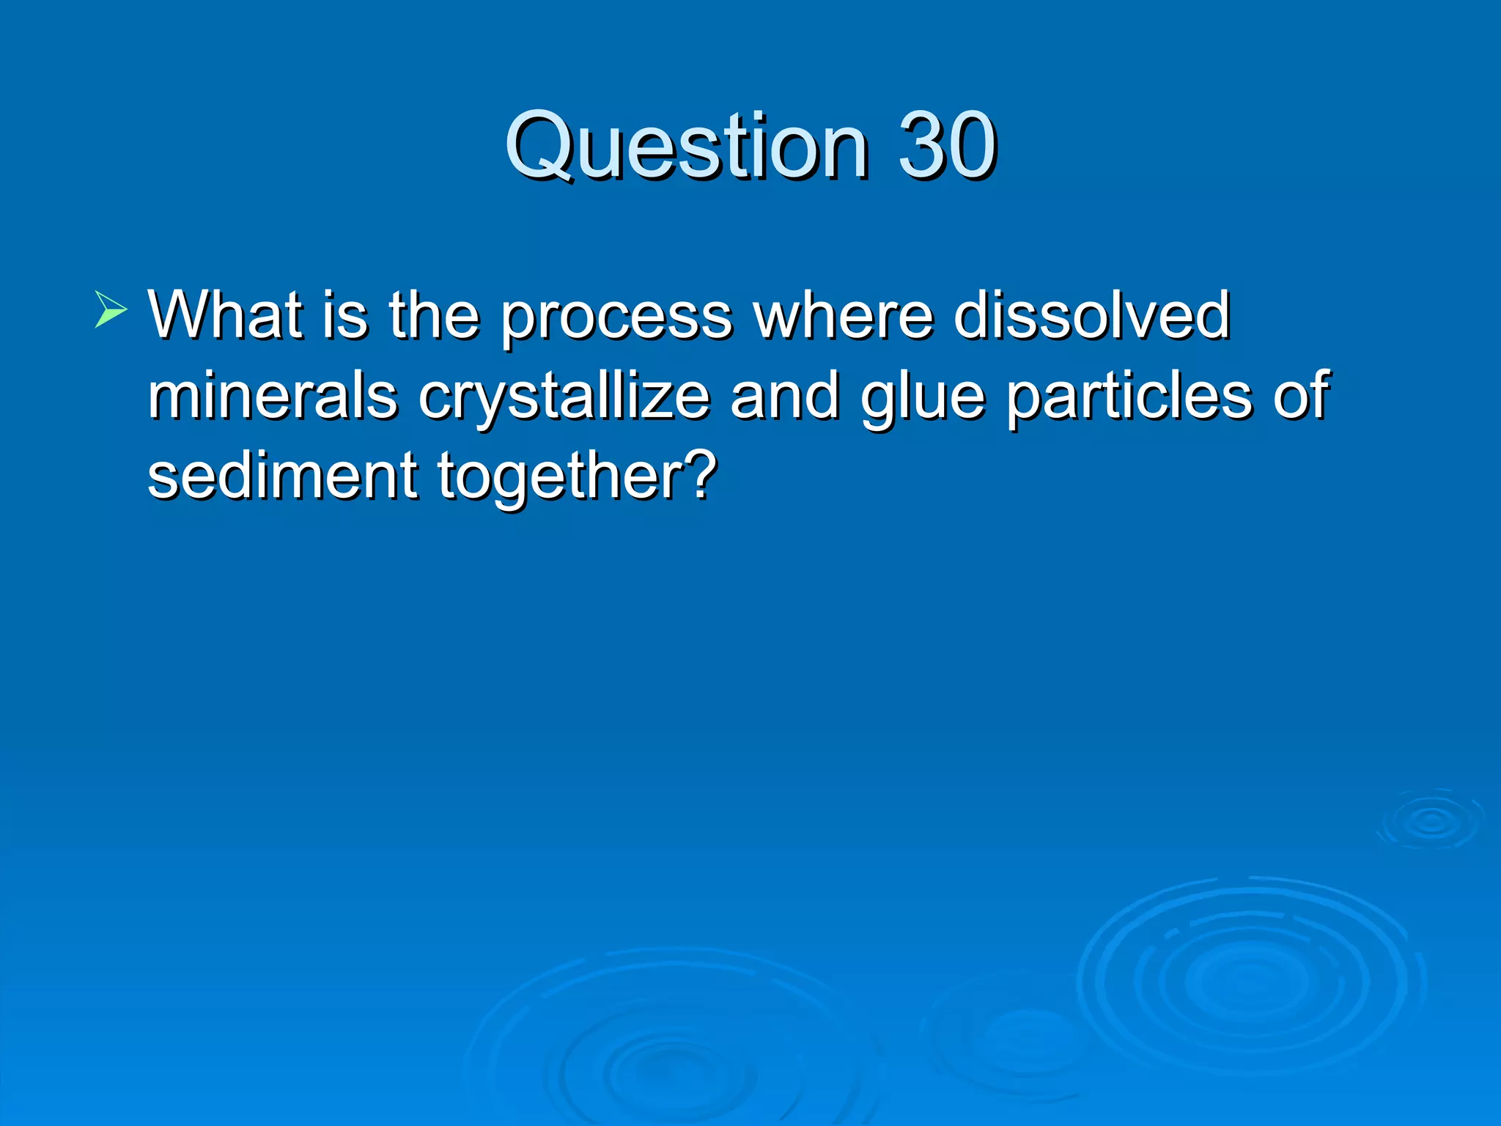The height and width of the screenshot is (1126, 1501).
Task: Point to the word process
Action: click(616, 317)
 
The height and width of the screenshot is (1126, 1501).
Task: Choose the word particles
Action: click(1129, 398)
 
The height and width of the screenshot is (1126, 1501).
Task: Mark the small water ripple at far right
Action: click(1431, 820)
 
